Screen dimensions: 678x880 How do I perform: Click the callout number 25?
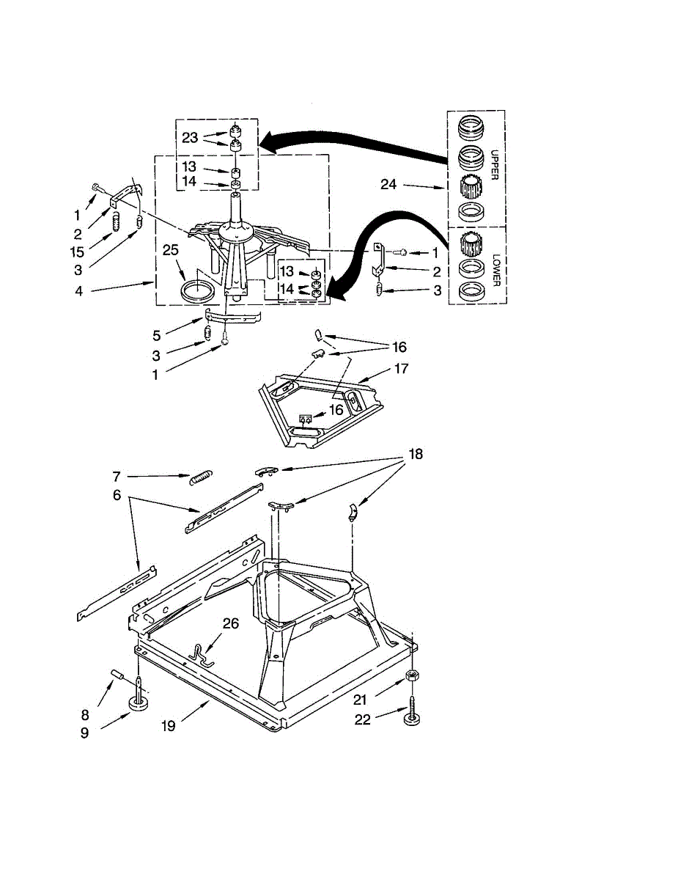click(170, 250)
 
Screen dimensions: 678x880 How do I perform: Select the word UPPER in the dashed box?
click(494, 165)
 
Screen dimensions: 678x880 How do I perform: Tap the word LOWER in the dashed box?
click(496, 270)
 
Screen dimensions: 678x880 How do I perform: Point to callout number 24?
click(388, 184)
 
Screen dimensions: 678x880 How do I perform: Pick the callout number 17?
click(401, 369)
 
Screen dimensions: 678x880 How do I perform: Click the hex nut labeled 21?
click(412, 675)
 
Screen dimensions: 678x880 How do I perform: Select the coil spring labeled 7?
click(201, 477)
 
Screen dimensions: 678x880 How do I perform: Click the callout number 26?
click(231, 623)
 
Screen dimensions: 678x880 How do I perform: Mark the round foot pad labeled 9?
click(138, 702)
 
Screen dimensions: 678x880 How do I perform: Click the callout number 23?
click(190, 138)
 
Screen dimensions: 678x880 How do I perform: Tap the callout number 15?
click(77, 252)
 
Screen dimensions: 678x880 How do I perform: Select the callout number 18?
click(416, 454)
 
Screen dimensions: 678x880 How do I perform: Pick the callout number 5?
click(157, 335)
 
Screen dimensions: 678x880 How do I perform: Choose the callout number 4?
click(78, 290)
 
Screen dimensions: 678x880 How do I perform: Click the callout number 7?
click(117, 477)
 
